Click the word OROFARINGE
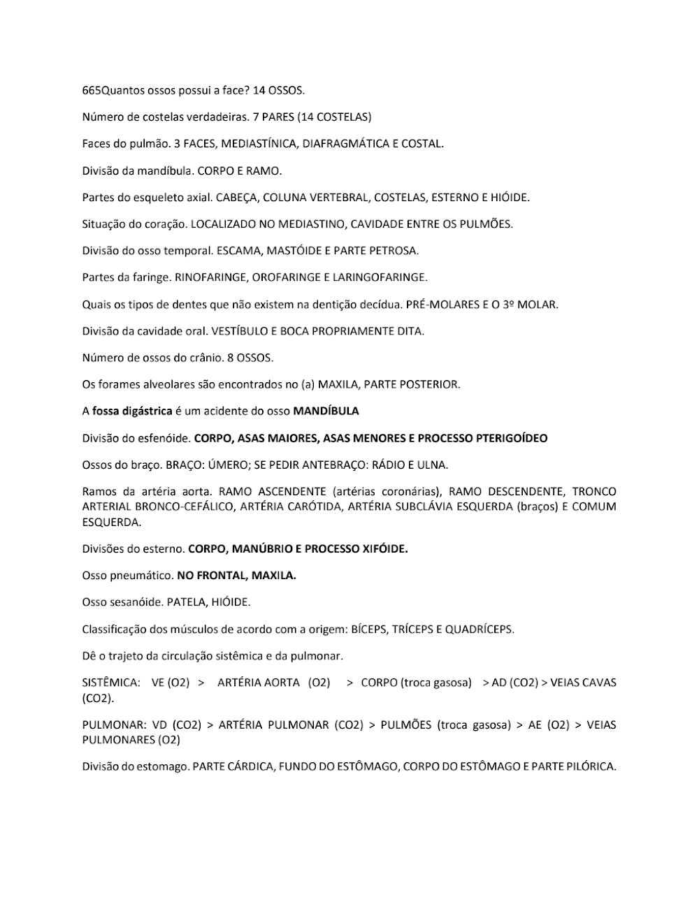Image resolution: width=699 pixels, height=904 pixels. coord(284,277)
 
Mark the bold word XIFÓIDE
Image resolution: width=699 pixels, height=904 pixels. coord(384,549)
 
